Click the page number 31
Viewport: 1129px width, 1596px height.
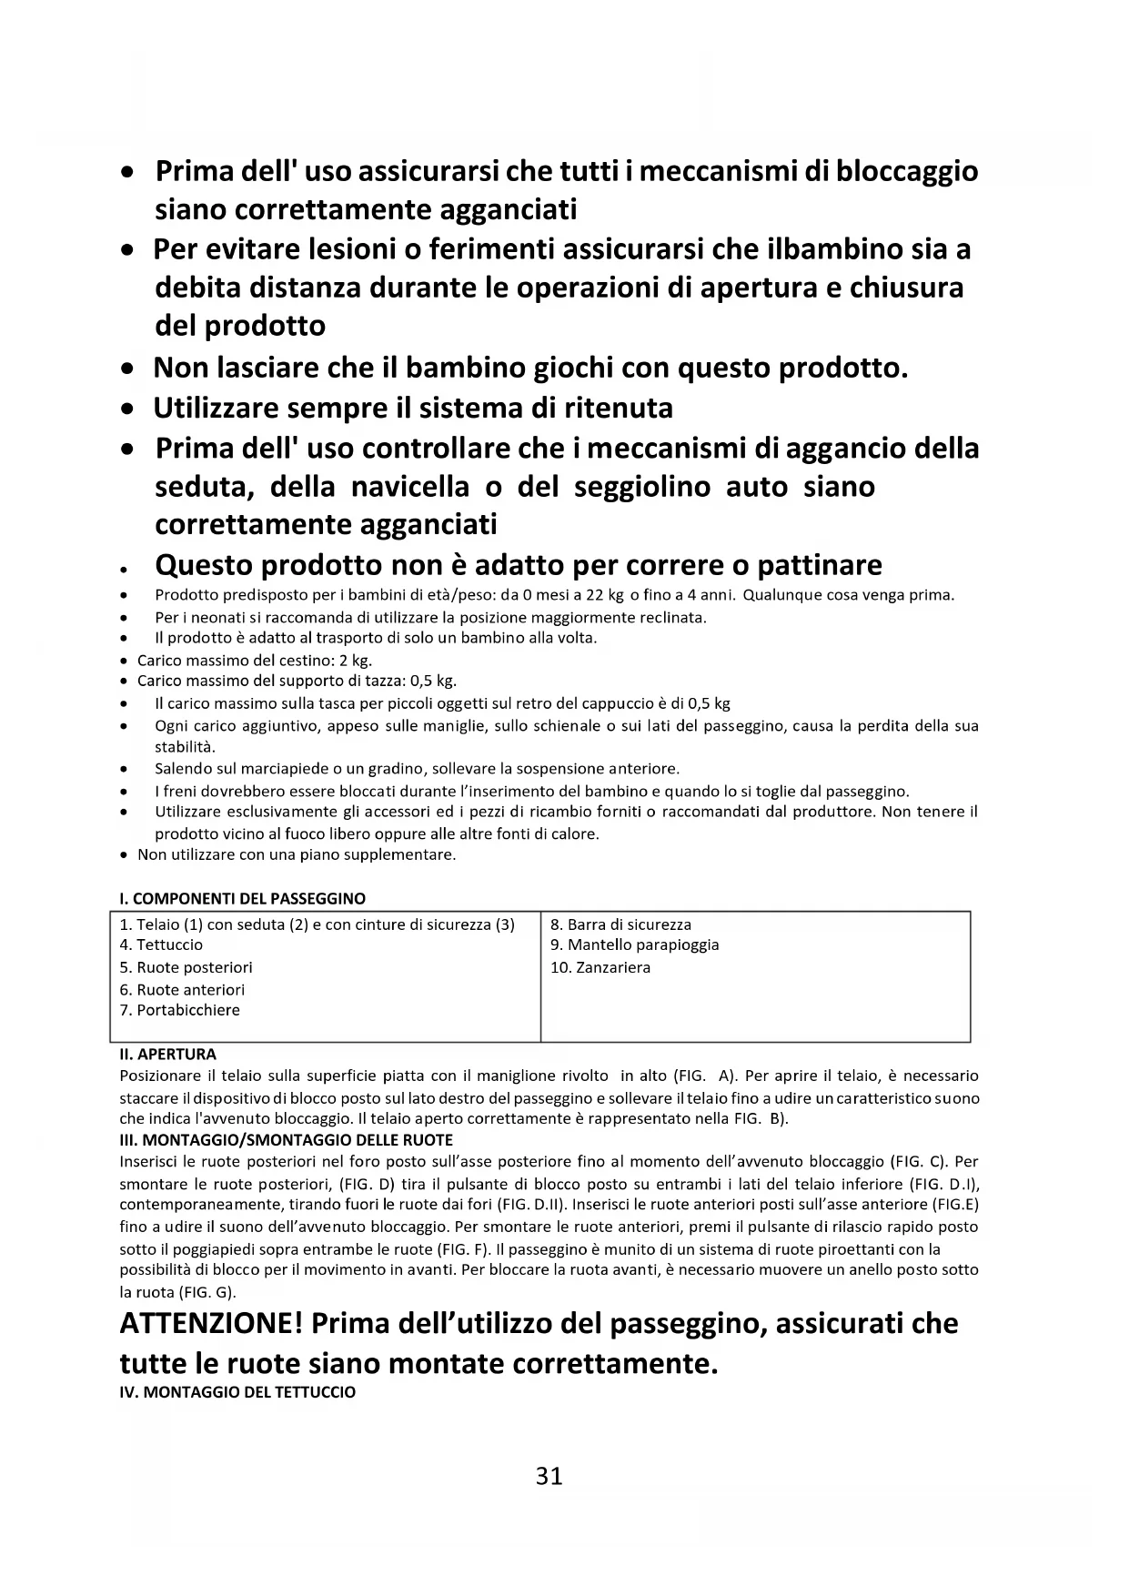[549, 1475]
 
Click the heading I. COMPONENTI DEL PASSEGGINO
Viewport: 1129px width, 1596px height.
[242, 898]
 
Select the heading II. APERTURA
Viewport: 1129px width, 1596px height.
[167, 1055]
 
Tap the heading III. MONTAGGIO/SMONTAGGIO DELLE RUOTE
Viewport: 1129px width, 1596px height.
[286, 1139]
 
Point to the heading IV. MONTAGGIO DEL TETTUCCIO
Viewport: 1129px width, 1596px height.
[237, 1392]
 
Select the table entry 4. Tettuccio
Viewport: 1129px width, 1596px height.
[161, 944]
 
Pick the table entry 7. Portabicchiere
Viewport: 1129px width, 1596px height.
[179, 1010]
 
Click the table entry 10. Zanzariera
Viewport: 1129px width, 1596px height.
[600, 967]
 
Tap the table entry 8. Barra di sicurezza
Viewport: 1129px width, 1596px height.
[620, 924]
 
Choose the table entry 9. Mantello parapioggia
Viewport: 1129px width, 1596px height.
[634, 944]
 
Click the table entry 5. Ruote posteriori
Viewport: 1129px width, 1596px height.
[186, 967]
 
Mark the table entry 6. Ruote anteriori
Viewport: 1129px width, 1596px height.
[182, 989]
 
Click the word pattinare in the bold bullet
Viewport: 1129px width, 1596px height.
[820, 565]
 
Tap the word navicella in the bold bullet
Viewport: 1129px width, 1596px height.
[410, 487]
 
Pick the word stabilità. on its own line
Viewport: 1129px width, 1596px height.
[185, 747]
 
